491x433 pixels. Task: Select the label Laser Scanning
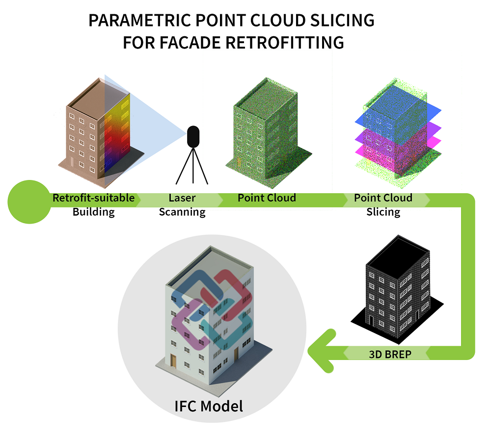[182, 205]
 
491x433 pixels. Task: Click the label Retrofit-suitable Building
[93, 205]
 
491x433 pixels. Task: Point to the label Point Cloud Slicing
[383, 205]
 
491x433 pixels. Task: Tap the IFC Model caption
[209, 406]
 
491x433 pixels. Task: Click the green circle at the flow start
[28, 202]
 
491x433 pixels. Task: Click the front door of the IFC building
[173, 362]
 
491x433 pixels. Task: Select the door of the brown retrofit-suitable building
[72, 162]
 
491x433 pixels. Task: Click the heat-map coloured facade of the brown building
[117, 135]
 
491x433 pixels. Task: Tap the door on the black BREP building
[372, 321]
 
